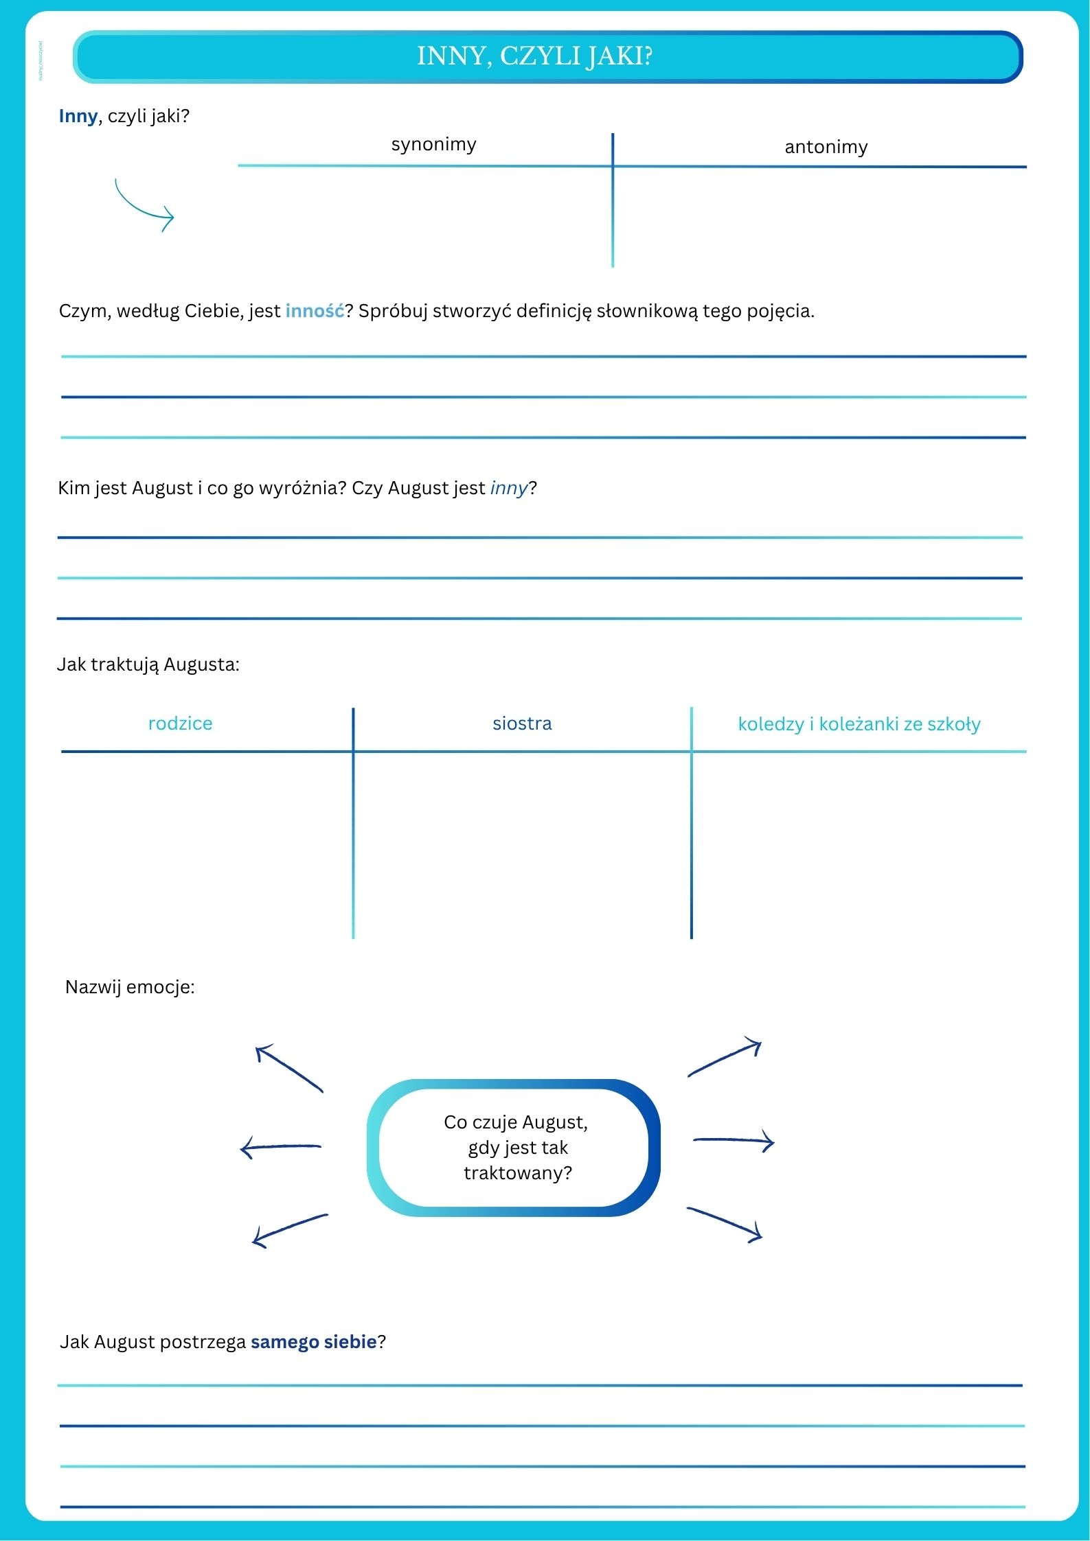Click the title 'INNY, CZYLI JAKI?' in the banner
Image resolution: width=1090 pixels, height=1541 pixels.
point(534,56)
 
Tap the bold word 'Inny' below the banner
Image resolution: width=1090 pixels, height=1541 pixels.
point(78,116)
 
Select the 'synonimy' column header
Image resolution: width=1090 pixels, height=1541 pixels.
point(433,144)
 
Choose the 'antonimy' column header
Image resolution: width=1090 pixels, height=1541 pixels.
point(826,147)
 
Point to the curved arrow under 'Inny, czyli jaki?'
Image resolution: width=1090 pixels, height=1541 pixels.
point(144,206)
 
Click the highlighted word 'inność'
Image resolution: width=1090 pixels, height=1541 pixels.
point(315,311)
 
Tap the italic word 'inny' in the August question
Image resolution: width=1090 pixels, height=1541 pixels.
point(508,488)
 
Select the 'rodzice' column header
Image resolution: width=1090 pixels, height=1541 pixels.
point(180,723)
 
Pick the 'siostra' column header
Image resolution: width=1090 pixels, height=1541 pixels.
point(522,723)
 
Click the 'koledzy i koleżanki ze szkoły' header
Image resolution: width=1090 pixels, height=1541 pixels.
point(859,724)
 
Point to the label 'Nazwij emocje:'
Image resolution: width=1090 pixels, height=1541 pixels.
point(130,987)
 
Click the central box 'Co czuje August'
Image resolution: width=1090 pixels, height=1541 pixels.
point(515,1148)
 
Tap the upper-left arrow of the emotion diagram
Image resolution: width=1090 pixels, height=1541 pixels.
point(288,1068)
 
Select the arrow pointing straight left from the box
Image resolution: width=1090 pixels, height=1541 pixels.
point(280,1147)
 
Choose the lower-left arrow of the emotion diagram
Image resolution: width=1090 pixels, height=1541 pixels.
point(289,1230)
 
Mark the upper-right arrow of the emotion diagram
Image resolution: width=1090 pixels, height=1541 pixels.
point(725,1058)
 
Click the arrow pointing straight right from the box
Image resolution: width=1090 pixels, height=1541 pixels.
point(734,1142)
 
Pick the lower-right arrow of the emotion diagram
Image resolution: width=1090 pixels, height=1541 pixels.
point(725,1223)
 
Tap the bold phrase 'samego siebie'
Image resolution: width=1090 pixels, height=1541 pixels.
point(313,1342)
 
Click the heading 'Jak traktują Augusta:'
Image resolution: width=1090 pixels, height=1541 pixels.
point(148,664)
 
